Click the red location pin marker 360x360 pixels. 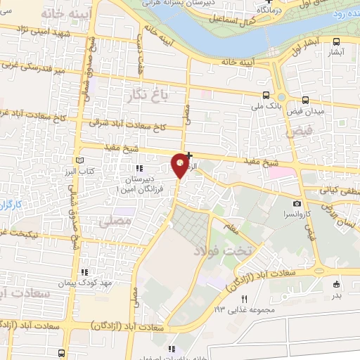pos(181,165)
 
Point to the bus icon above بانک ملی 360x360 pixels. pos(265,95)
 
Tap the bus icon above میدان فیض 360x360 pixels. pos(304,101)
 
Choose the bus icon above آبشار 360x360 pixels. pos(336,41)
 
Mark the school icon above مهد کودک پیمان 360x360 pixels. pos(84,272)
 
